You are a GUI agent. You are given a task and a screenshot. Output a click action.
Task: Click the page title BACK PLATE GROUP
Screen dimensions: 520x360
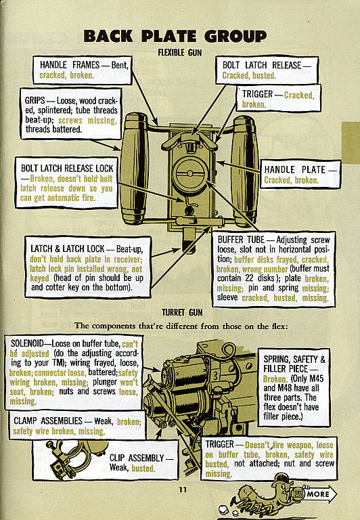[175, 36]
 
